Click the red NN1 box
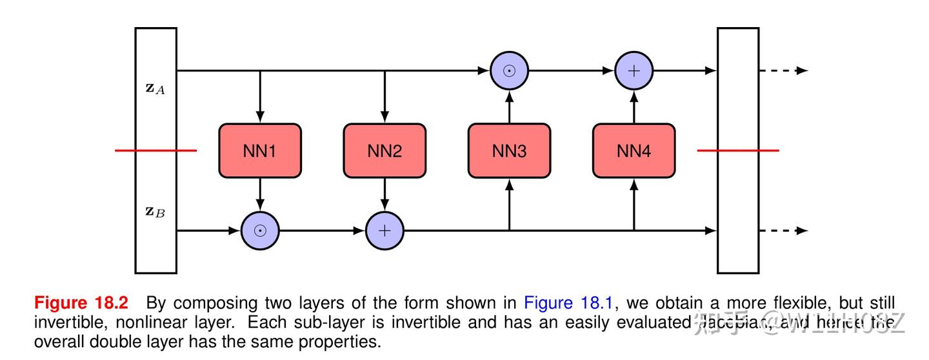tap(260, 151)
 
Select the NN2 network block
tap(385, 151)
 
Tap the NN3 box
tap(509, 151)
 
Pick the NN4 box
tap(634, 151)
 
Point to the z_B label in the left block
tap(155, 211)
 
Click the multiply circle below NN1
tap(260, 230)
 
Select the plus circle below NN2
tap(385, 230)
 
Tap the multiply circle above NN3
tap(509, 70)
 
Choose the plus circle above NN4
tap(634, 70)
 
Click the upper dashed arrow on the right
tap(783, 70)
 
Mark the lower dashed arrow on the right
tap(783, 230)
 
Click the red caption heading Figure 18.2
tap(81, 303)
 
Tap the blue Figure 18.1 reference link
tap(567, 303)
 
